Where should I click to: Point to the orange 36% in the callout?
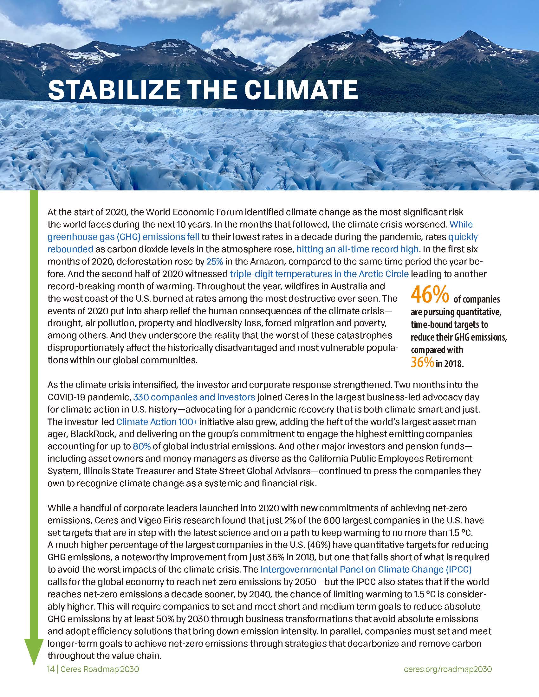click(x=422, y=362)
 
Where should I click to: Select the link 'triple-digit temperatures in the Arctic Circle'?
click(x=319, y=274)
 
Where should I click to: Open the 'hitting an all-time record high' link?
click(x=357, y=249)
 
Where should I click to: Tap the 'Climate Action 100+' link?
click(x=156, y=422)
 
